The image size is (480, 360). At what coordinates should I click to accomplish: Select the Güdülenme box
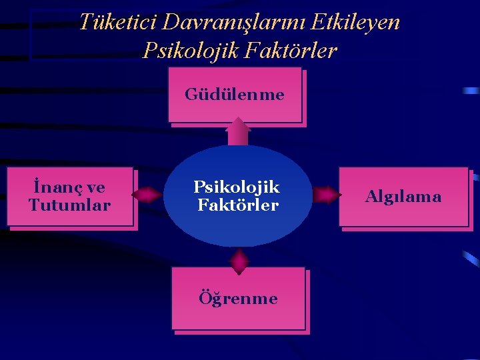[235, 95]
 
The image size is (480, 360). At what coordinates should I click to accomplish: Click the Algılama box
[403, 197]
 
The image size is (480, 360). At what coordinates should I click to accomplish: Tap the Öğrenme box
[238, 298]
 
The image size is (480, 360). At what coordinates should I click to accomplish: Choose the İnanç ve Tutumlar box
[70, 197]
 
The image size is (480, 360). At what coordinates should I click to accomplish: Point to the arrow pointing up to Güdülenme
[237, 132]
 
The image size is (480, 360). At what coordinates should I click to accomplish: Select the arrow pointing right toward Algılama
[326, 195]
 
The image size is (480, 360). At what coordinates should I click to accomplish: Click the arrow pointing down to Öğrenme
[239, 261]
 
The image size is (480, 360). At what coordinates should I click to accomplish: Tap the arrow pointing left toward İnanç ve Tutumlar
[147, 195]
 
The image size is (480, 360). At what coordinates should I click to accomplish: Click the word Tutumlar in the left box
[70, 205]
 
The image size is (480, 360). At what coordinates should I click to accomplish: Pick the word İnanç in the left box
[51, 187]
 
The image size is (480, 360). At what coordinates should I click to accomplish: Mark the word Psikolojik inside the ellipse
[237, 187]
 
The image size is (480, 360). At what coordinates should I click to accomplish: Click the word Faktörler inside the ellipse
[238, 205]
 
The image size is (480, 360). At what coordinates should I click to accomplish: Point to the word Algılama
[403, 197]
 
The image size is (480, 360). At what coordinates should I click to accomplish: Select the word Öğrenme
[238, 298]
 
